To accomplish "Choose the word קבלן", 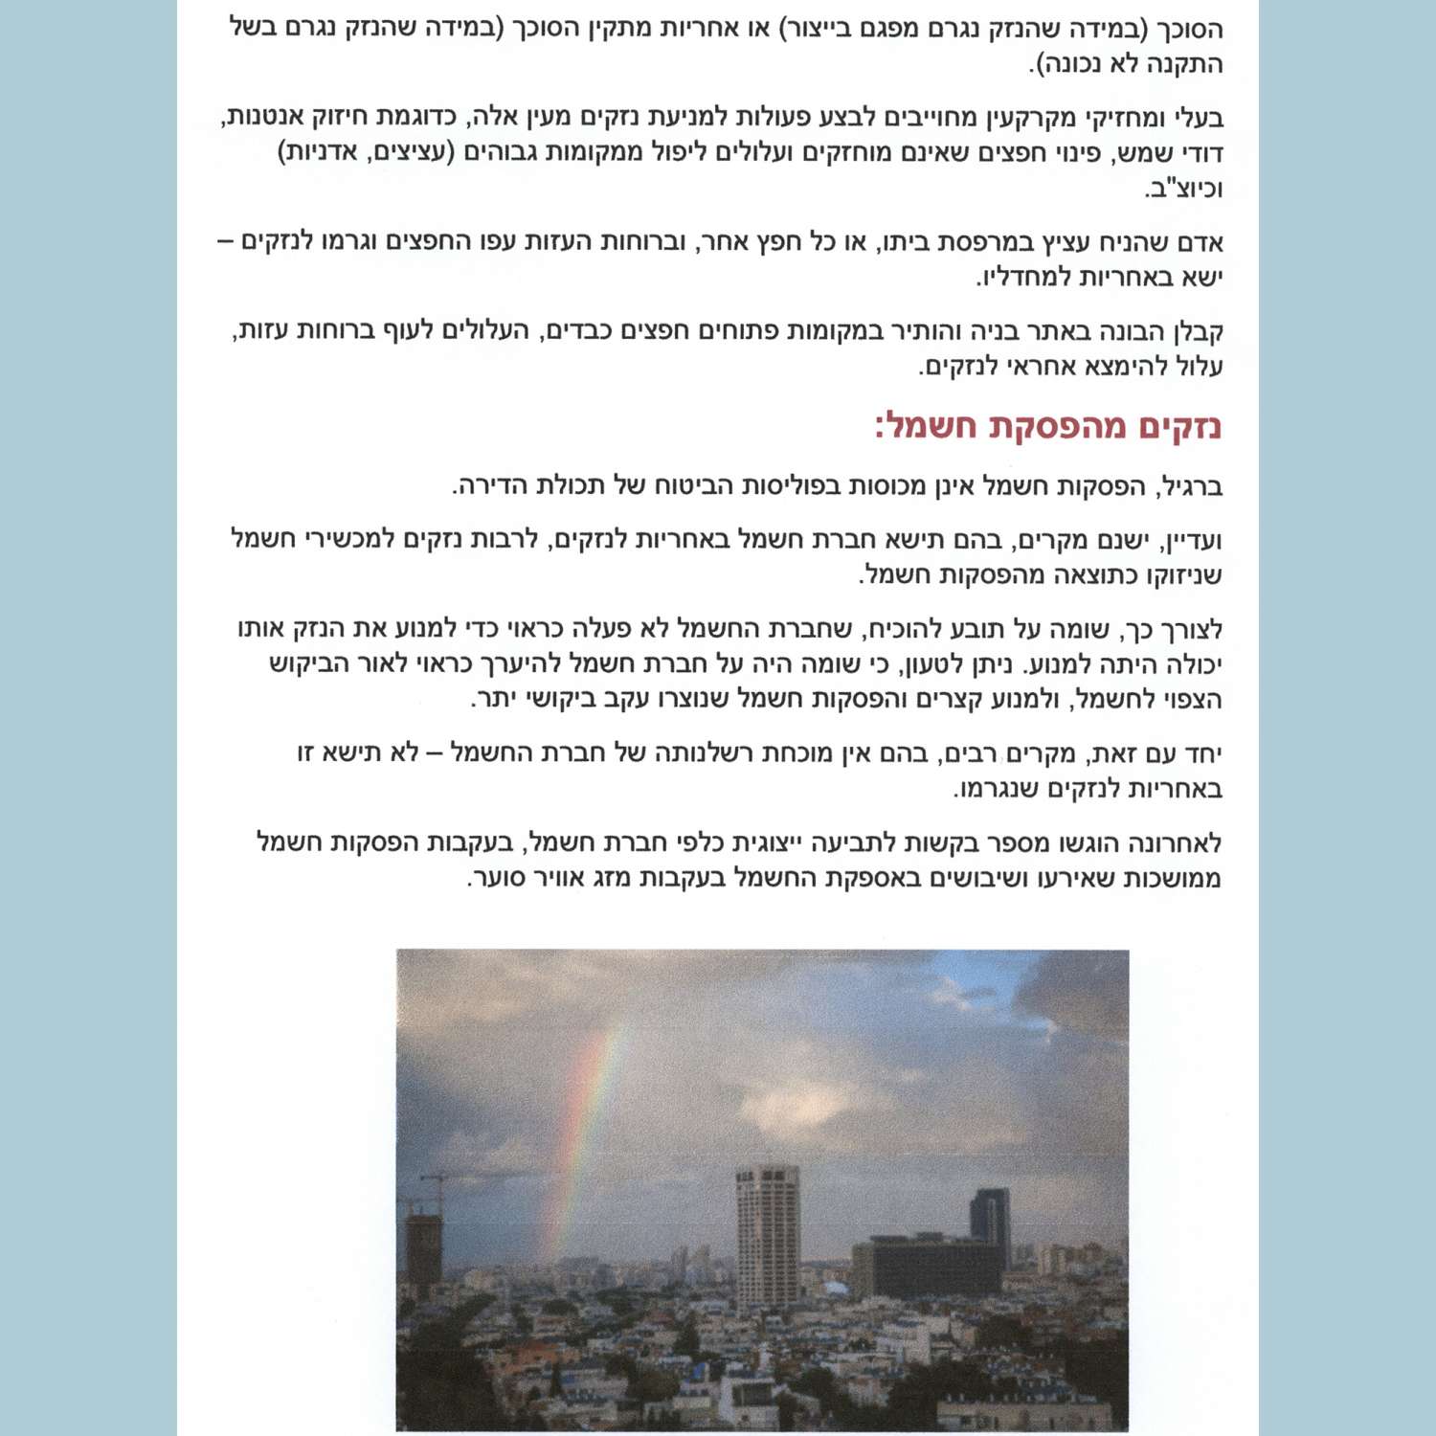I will [x=1197, y=331].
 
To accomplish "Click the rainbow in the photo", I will [x=589, y=1130].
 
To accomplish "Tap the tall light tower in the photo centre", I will [x=767, y=1235].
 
